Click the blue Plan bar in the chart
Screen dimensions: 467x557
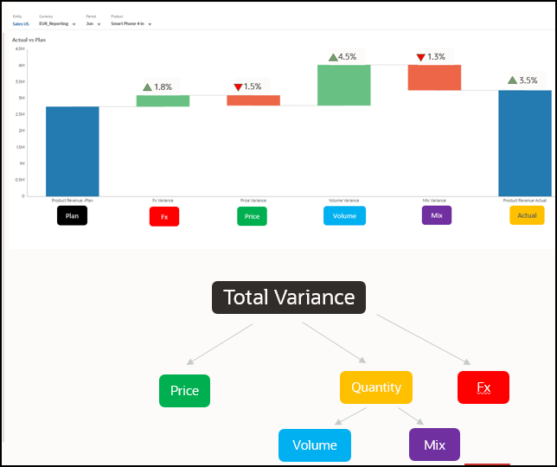72,150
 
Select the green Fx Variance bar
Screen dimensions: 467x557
163,100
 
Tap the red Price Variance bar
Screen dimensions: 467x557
253,100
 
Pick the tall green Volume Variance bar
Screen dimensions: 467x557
343,85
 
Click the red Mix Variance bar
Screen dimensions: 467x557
434,77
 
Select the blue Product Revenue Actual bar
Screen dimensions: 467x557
524,143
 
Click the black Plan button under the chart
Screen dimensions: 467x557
73,216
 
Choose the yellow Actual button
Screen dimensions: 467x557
527,215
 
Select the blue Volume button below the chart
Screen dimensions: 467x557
344,216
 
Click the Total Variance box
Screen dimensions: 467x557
289,297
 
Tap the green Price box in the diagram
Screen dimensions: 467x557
184,391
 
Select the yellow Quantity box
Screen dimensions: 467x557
376,387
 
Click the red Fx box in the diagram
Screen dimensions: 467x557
483,387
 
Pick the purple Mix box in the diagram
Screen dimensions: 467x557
434,445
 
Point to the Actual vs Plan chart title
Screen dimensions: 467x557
30,40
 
